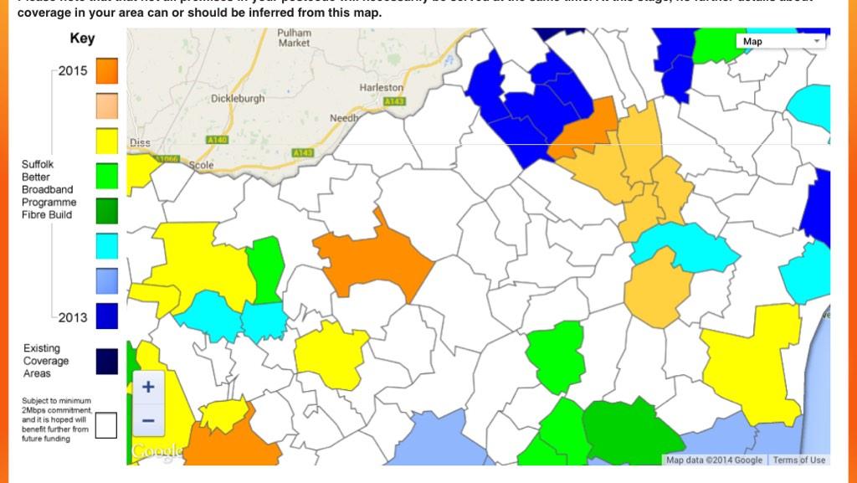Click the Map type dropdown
[x=781, y=41]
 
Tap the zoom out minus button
[x=148, y=420]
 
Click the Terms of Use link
[x=798, y=460]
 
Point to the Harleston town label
[x=382, y=87]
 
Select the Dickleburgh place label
[x=238, y=98]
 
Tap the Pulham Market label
[x=294, y=38]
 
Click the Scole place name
[x=202, y=165]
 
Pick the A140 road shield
[x=216, y=140]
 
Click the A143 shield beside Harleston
[x=394, y=101]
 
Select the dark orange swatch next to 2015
[x=106, y=71]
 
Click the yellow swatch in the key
[x=106, y=141]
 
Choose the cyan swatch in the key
[x=106, y=246]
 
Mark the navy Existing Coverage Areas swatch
[x=106, y=361]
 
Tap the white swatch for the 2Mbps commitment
[x=106, y=425]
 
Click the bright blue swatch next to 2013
[x=106, y=316]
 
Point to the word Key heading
[x=82, y=39]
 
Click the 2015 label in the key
[x=73, y=71]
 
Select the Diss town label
[x=140, y=143]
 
